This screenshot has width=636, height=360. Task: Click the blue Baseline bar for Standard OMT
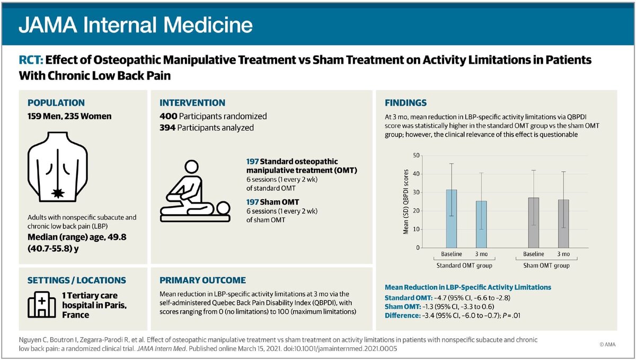[452, 218]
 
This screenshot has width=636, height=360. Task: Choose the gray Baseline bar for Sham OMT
[533, 222]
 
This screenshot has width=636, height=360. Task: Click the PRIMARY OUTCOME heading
[202, 280]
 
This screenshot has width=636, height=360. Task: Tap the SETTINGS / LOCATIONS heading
[76, 280]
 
